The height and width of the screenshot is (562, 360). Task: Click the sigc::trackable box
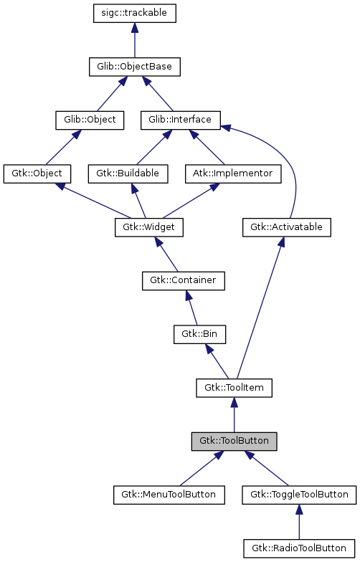[135, 14]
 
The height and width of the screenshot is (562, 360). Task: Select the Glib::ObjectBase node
[135, 67]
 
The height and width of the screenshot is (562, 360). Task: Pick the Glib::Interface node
[180, 120]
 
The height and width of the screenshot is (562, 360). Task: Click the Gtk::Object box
[37, 173]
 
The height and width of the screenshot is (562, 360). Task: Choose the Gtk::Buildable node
[128, 173]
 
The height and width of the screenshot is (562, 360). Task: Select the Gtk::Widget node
[149, 227]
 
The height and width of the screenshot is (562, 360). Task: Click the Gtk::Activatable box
[286, 227]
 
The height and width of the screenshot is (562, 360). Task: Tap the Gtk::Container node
[184, 280]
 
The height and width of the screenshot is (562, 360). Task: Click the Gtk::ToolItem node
[234, 388]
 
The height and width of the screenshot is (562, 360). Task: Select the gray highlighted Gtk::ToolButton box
[234, 441]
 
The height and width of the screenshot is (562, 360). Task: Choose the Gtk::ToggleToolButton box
[299, 495]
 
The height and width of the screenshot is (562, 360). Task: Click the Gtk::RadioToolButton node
[299, 548]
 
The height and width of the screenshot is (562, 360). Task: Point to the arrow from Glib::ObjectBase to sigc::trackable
[135, 40]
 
